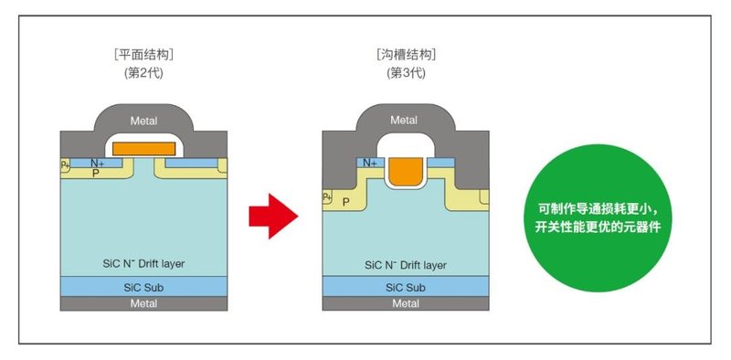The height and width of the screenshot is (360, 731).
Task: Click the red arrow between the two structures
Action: (273, 217)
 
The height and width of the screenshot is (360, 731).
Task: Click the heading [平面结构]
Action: (143, 54)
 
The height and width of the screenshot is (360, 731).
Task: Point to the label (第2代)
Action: (143, 72)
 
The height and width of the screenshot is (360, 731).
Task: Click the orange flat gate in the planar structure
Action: (143, 146)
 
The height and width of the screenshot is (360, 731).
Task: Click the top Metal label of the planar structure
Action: (144, 119)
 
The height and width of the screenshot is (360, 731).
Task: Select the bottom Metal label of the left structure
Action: (144, 304)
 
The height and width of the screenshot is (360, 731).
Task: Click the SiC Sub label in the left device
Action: (144, 287)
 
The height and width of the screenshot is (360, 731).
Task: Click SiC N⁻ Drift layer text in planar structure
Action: (144, 264)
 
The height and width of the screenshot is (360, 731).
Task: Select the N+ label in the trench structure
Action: (370, 163)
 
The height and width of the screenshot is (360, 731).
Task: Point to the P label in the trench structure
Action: (345, 202)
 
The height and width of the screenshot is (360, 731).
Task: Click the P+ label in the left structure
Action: (65, 164)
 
